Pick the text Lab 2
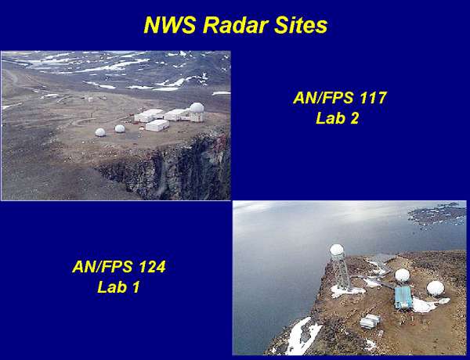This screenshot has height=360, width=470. (337, 118)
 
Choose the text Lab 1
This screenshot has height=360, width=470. (118, 286)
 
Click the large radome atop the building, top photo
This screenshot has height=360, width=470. (197, 107)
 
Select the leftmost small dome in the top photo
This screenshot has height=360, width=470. (100, 132)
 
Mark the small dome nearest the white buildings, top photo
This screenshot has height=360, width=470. (120, 128)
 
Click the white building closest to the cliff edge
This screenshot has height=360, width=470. (157, 125)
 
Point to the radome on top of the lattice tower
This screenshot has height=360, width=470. (337, 250)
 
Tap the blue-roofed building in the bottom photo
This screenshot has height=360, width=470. (403, 297)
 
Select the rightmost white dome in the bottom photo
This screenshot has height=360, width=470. (436, 288)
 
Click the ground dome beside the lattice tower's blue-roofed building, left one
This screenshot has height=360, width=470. (402, 275)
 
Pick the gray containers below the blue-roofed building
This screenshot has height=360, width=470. (371, 321)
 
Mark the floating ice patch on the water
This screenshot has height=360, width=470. (437, 214)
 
